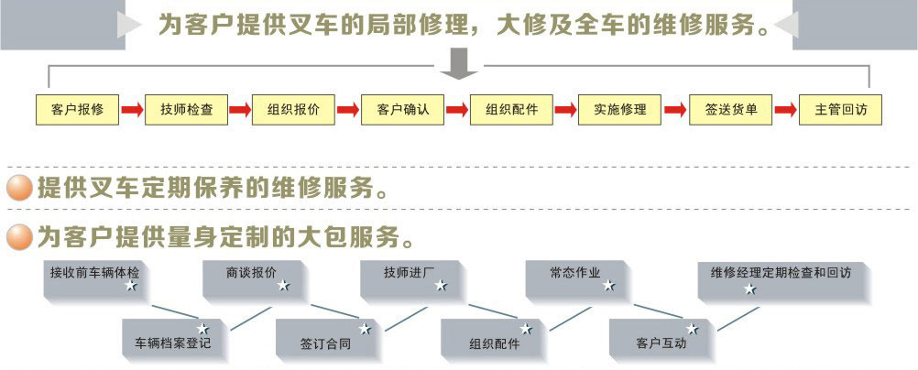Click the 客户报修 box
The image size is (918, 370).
(x=78, y=110)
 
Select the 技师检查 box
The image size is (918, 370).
(x=186, y=110)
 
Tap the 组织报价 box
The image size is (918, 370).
(x=294, y=110)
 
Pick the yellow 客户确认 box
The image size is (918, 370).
(x=403, y=110)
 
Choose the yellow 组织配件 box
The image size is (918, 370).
(x=511, y=110)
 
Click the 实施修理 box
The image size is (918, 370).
(x=620, y=110)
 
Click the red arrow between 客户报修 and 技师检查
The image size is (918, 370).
(x=132, y=111)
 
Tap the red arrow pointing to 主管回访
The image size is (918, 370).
(x=785, y=111)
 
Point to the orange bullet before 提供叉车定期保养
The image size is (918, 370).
(x=19, y=190)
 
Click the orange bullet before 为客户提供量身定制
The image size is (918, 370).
(x=19, y=238)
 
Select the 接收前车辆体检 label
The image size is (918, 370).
(x=95, y=272)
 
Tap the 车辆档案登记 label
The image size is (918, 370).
(x=173, y=344)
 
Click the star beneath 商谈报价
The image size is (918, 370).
(x=283, y=287)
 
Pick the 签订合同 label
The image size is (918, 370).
(x=325, y=344)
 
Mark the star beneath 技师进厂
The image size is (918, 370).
(x=441, y=287)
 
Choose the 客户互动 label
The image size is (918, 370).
(x=661, y=344)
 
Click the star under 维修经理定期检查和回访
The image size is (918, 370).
(x=750, y=289)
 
